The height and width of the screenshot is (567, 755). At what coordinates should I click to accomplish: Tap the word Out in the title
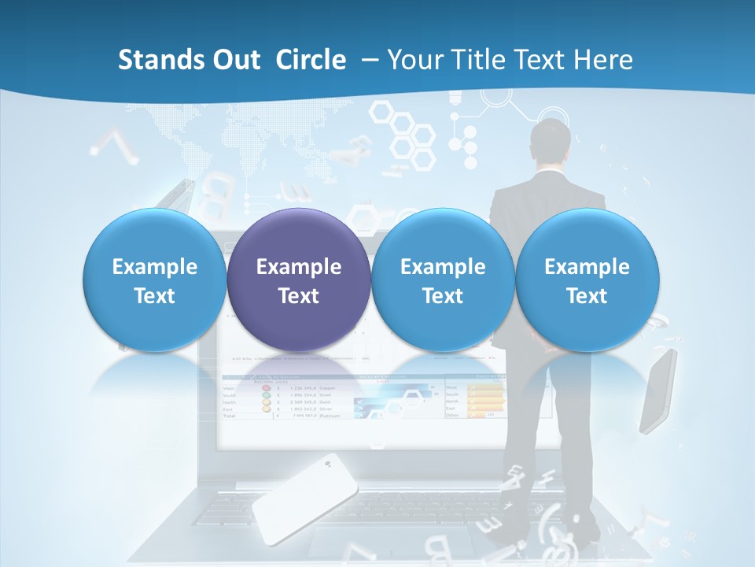pyautogui.click(x=235, y=60)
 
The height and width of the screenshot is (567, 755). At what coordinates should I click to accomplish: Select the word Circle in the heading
pyautogui.click(x=311, y=60)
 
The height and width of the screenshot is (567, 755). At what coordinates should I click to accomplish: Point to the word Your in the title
pyautogui.click(x=413, y=60)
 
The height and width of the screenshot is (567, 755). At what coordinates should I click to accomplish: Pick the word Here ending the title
pyautogui.click(x=604, y=60)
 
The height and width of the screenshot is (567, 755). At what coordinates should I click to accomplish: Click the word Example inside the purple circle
pyautogui.click(x=299, y=267)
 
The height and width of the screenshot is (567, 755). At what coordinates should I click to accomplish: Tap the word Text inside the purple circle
pyautogui.click(x=299, y=296)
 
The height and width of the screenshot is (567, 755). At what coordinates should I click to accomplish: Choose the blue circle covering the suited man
pyautogui.click(x=587, y=280)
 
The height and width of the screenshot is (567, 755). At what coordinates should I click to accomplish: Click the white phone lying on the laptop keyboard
pyautogui.click(x=306, y=498)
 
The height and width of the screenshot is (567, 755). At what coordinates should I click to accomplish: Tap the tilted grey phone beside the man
pyautogui.click(x=657, y=391)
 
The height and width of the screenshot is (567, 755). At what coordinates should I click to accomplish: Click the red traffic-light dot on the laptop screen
pyautogui.click(x=266, y=388)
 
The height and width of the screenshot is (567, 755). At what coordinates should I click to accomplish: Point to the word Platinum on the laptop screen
pyautogui.click(x=330, y=416)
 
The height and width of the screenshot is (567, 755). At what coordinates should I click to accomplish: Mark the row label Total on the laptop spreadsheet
pyautogui.click(x=230, y=415)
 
